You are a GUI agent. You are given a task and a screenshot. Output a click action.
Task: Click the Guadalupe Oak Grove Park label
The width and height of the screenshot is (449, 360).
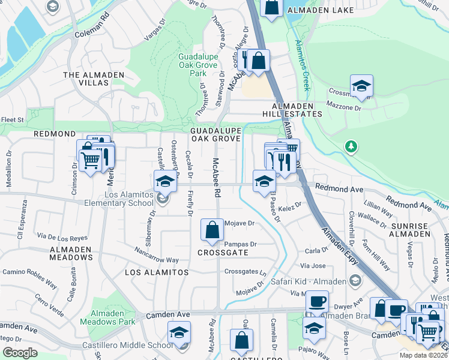point(193,65)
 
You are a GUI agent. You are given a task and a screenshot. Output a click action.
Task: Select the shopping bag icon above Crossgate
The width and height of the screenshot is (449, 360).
point(212,230)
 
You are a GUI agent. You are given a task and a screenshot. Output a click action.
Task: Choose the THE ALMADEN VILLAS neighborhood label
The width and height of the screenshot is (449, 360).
point(94,79)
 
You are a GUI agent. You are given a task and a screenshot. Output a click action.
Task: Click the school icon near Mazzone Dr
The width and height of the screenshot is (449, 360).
point(361,86)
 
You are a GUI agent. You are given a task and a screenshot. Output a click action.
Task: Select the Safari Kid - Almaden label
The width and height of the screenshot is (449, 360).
point(308,281)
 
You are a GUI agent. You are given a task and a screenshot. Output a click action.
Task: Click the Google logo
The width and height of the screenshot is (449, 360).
point(20,353)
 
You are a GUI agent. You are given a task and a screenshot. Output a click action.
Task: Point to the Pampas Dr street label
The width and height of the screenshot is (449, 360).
point(241,244)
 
